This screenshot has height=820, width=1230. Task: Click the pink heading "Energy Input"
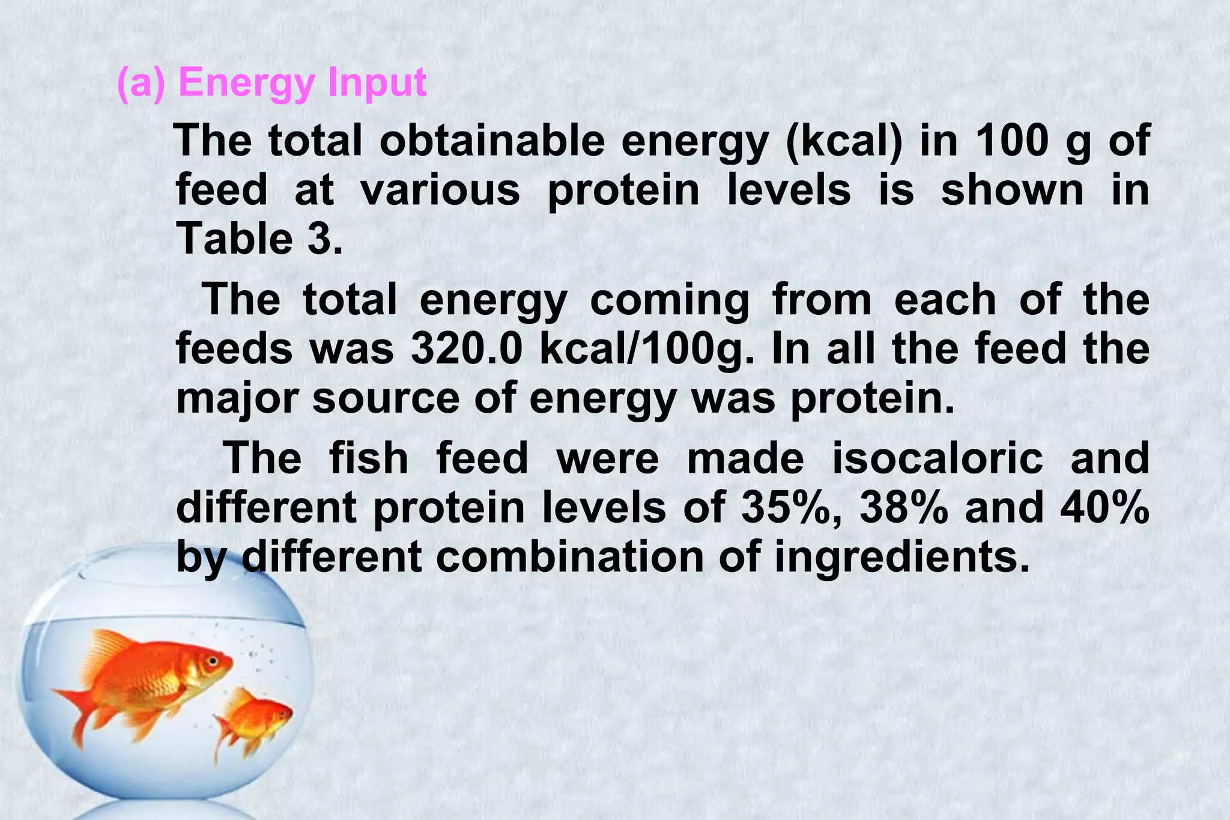[x=302, y=82]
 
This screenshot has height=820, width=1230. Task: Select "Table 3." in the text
[x=259, y=238]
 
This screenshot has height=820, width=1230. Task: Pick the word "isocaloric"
[x=938, y=458]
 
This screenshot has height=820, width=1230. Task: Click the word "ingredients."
[x=898, y=557]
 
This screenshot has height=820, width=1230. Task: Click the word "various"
[x=440, y=190]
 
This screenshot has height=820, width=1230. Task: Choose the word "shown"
[x=1012, y=190]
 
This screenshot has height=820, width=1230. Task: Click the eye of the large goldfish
[x=212, y=660]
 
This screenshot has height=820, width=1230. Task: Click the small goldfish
[x=255, y=721]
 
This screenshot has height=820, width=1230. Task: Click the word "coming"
[x=670, y=300]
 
